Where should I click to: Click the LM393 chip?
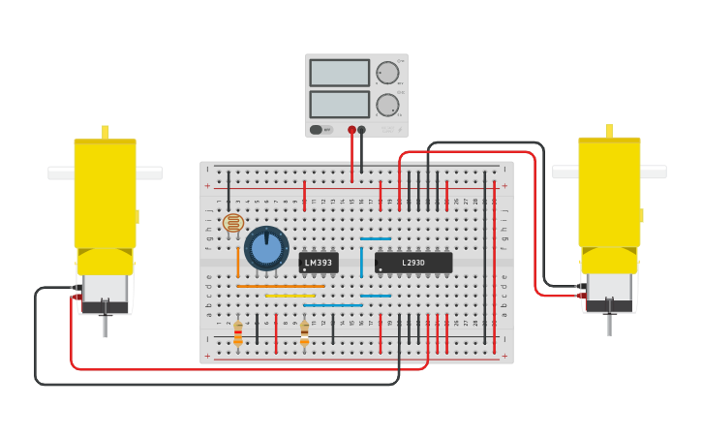click(x=319, y=263)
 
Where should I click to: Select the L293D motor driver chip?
click(x=413, y=263)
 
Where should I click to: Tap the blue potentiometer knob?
click(x=266, y=248)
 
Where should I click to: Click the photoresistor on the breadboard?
click(x=232, y=223)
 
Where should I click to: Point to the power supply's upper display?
click(x=339, y=73)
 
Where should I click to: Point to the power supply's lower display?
click(x=339, y=104)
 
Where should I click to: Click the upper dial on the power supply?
click(x=387, y=73)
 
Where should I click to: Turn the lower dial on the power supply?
click(x=387, y=105)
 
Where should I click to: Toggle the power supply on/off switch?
click(x=317, y=129)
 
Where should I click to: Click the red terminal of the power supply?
click(x=351, y=130)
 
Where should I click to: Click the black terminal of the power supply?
click(x=361, y=130)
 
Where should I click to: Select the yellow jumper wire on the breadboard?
click(x=290, y=296)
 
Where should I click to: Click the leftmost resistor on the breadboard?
click(x=238, y=332)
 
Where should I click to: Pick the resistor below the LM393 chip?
click(x=304, y=332)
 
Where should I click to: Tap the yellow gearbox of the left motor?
click(x=105, y=194)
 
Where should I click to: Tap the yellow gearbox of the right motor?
click(x=609, y=194)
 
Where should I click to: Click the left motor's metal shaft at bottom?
click(x=105, y=325)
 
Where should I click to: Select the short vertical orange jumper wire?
click(x=238, y=262)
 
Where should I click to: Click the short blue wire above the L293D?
click(x=376, y=238)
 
